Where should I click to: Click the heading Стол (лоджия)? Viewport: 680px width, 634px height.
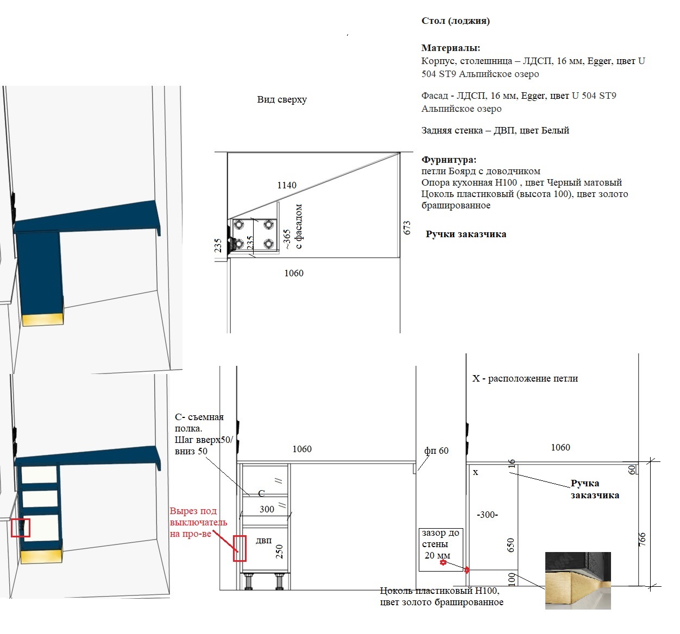455,21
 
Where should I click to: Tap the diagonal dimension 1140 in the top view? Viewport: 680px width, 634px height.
287,185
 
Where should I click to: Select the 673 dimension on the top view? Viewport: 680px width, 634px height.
407,227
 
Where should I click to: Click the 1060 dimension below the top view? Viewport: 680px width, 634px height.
294,273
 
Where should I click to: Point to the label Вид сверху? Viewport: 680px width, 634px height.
282,100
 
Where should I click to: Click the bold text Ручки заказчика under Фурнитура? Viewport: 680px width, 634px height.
465,234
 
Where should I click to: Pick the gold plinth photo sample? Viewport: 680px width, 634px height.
578,581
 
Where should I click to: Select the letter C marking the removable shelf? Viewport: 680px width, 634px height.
261,493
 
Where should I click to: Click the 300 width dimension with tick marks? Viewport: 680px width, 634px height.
267,509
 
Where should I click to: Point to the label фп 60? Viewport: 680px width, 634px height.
436,451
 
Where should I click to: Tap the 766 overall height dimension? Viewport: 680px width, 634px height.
642,540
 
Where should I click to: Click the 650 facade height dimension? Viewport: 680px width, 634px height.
511,546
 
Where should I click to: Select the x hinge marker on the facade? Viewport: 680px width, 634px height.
475,473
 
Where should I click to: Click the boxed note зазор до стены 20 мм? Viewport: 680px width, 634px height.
440,550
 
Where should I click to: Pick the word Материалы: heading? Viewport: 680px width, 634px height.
451,48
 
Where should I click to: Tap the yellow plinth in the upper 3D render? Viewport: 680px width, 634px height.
42,319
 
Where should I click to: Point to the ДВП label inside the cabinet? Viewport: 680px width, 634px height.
263,541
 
